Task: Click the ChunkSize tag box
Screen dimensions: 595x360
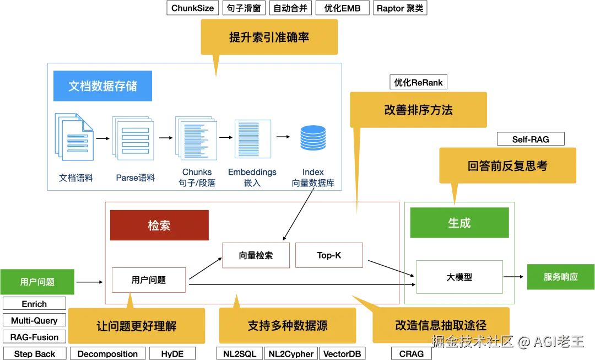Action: (x=192, y=8)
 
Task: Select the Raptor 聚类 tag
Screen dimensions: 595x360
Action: (x=400, y=8)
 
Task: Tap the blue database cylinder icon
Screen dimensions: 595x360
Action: (x=313, y=138)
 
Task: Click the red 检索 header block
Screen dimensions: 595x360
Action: (x=159, y=225)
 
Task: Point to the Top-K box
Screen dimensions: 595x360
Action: (x=329, y=255)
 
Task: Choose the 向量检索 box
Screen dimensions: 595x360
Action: (x=256, y=255)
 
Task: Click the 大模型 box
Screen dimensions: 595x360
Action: (x=459, y=277)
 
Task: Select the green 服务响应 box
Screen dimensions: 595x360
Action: (x=560, y=277)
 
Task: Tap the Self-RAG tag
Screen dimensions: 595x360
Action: (x=531, y=139)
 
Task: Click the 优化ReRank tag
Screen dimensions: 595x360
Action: (x=418, y=82)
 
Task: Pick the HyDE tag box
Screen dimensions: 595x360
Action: (x=172, y=353)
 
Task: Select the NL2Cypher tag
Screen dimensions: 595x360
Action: (x=291, y=353)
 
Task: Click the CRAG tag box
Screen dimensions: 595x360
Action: (x=412, y=353)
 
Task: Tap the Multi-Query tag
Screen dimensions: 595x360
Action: (x=34, y=320)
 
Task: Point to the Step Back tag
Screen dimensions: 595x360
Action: (x=35, y=353)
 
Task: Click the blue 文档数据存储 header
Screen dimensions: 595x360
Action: (x=102, y=86)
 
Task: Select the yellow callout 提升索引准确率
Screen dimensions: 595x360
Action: (x=269, y=37)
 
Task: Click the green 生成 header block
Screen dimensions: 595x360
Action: (x=459, y=223)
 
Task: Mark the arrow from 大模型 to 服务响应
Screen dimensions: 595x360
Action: (x=513, y=277)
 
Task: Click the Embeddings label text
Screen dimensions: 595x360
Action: (x=252, y=172)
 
